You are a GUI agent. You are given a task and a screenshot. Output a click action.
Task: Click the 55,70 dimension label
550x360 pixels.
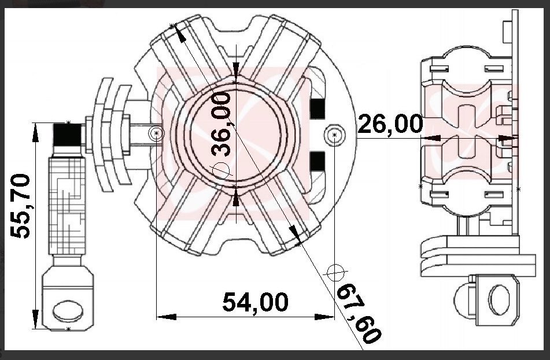point(20,206)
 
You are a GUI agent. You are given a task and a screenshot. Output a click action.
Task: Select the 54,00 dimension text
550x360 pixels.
point(256,302)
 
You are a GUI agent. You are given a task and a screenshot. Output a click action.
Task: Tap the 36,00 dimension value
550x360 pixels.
point(222,124)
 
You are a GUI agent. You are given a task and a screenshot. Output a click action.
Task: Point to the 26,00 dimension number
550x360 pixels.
point(390,124)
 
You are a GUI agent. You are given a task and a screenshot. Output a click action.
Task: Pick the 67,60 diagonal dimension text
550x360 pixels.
point(358,313)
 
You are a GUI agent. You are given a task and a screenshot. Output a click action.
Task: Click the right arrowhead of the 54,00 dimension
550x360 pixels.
point(324,317)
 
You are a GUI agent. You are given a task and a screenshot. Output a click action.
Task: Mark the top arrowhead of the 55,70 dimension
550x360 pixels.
point(35,133)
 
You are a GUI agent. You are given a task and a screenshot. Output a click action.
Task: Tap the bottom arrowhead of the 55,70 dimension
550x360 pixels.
point(35,319)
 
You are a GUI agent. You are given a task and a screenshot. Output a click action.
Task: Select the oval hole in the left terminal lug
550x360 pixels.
point(68,311)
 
